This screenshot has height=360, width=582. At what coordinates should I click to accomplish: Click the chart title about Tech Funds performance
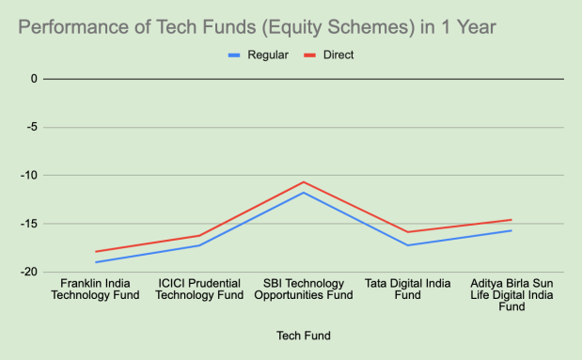click(x=257, y=27)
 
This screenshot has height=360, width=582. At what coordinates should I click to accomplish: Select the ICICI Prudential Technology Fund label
click(x=199, y=289)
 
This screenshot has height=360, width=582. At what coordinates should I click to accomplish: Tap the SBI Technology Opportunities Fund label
click(x=304, y=289)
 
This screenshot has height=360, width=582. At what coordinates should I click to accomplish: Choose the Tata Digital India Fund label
click(x=407, y=289)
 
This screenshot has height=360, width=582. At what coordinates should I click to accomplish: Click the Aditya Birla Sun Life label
click(x=511, y=294)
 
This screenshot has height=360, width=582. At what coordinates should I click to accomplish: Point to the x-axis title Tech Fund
click(x=303, y=336)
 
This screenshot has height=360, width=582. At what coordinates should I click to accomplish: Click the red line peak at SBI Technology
click(x=304, y=182)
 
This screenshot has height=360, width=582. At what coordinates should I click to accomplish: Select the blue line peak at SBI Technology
click(x=304, y=193)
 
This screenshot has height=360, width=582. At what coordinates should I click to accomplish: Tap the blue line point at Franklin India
click(x=95, y=262)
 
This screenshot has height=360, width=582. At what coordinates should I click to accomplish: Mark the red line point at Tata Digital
click(x=407, y=232)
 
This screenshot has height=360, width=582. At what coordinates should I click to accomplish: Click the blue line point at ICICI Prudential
click(x=199, y=245)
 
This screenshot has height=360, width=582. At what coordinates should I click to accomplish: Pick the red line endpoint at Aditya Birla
click(x=511, y=220)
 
